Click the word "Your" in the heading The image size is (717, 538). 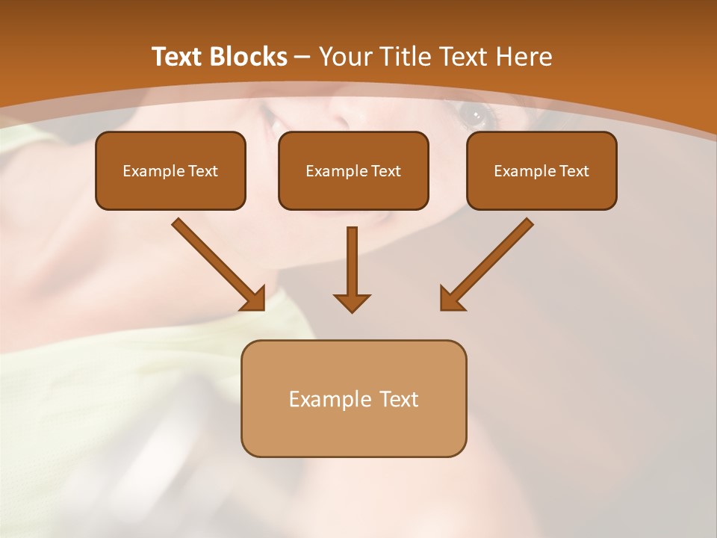coord(348,57)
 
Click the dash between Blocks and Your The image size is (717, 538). coord(303,58)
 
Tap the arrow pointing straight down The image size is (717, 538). coord(352,262)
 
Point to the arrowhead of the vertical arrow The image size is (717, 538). coord(352,303)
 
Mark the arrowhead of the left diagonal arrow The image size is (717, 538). coord(255,299)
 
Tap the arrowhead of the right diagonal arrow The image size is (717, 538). coord(450,299)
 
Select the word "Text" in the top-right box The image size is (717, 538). coord(574,171)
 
